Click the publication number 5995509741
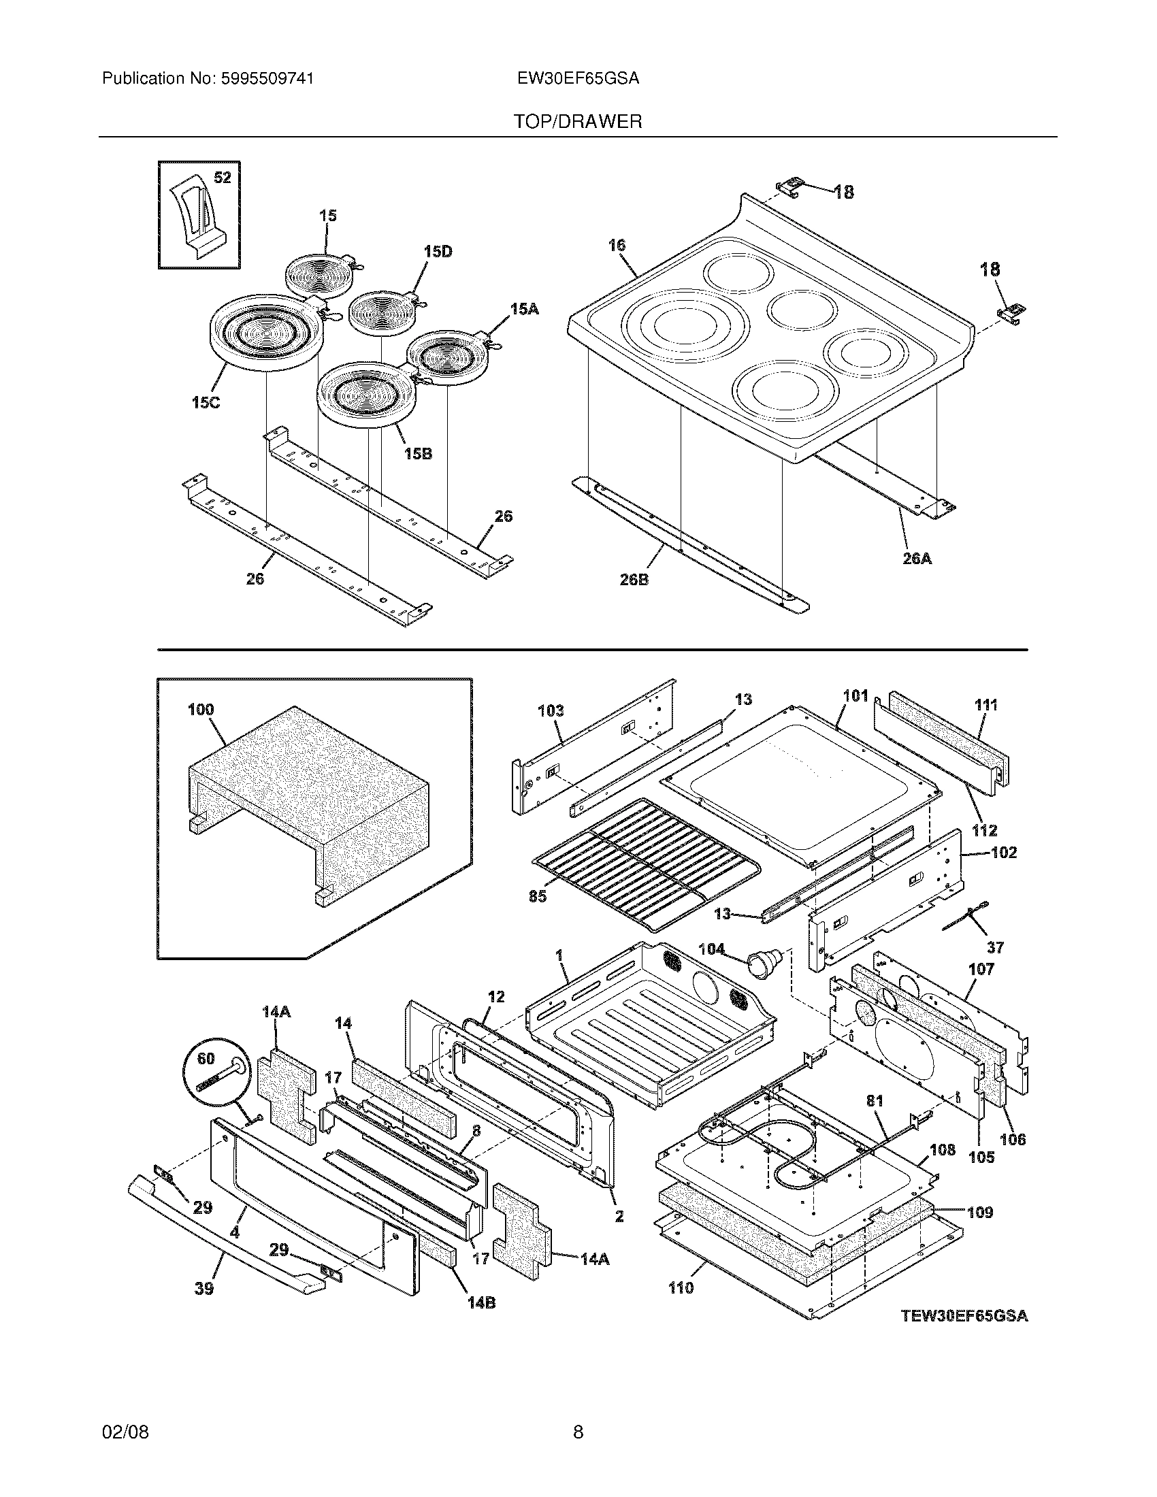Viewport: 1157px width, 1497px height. [x=267, y=79]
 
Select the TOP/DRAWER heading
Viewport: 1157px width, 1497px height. [x=578, y=122]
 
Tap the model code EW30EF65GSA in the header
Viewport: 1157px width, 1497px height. [x=578, y=79]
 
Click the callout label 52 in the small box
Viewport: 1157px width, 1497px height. [x=223, y=178]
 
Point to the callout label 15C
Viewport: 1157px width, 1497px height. [x=206, y=403]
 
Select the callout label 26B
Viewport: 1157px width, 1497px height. [x=634, y=580]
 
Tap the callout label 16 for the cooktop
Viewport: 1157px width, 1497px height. [x=617, y=246]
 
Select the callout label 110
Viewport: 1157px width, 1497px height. [x=681, y=1288]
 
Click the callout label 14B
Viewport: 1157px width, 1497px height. [x=481, y=1303]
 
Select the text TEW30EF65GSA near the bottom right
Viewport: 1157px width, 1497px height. [x=964, y=1315]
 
